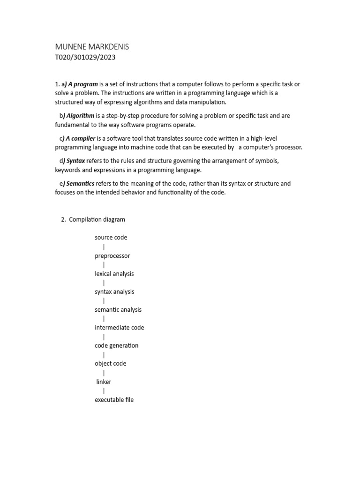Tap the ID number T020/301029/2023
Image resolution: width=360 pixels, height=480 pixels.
[x=85, y=58]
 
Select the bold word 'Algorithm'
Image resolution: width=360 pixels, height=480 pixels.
[x=80, y=116]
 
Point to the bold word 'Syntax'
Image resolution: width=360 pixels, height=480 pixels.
[x=75, y=161]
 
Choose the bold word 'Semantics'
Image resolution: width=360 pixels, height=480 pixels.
[x=80, y=184]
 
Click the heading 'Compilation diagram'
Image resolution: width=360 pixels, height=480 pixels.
[x=97, y=219]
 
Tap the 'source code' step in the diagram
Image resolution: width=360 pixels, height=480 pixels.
[x=111, y=238]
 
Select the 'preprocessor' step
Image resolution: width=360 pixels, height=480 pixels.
[x=112, y=256]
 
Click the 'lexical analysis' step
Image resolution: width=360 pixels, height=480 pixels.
[x=114, y=274]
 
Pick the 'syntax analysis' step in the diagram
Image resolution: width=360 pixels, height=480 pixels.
[x=114, y=292]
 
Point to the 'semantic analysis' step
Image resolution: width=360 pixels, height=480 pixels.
[x=118, y=310]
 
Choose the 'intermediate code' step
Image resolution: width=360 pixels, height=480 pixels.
[x=119, y=328]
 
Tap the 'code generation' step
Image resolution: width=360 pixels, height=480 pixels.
[x=116, y=345]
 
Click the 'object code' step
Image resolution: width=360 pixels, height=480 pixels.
[x=110, y=363]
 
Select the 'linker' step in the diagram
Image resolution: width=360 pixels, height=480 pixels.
[x=104, y=382]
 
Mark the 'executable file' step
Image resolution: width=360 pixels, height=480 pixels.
[x=114, y=400]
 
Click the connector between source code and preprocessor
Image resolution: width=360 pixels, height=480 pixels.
[x=104, y=247]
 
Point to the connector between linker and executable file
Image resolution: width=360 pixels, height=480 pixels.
[x=104, y=391]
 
